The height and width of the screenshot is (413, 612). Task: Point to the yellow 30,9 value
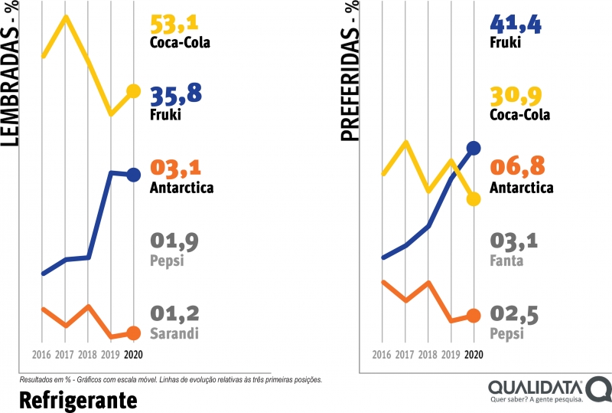click(x=519, y=96)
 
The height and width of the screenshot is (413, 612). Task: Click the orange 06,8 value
click(x=519, y=168)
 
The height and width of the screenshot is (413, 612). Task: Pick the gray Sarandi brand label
click(x=175, y=333)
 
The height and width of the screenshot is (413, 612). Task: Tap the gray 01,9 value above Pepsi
click(x=175, y=241)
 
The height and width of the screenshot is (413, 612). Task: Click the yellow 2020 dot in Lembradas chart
click(x=133, y=91)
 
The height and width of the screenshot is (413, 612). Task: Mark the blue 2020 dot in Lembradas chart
click(x=133, y=175)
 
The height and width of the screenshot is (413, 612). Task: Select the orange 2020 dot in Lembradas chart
click(x=133, y=333)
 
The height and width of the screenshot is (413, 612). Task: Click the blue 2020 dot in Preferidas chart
click(x=474, y=148)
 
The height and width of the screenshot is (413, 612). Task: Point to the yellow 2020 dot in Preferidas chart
click(x=474, y=199)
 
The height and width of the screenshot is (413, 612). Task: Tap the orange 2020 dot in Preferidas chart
click(x=474, y=315)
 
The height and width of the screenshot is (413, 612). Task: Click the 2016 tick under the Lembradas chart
click(x=42, y=355)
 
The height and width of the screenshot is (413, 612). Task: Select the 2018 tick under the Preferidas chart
click(x=428, y=355)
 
